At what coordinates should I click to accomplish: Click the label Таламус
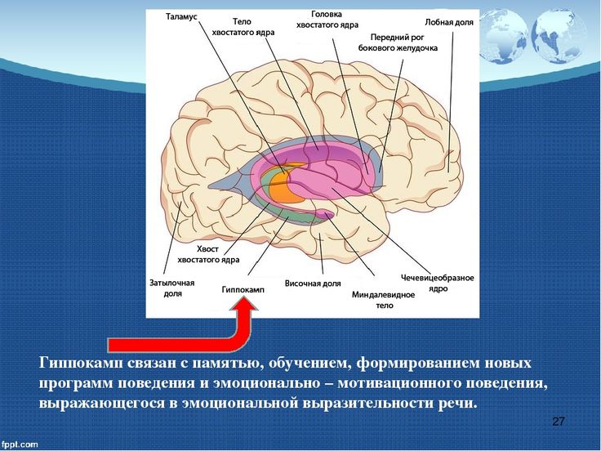pyautogui.click(x=181, y=17)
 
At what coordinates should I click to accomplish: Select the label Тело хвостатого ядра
pyautogui.click(x=243, y=27)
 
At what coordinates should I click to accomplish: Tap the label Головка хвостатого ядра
pyautogui.click(x=327, y=20)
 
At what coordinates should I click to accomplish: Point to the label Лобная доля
pyautogui.click(x=449, y=22)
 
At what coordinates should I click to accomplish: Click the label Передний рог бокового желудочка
pyautogui.click(x=398, y=42)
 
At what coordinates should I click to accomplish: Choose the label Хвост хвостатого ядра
pyautogui.click(x=208, y=254)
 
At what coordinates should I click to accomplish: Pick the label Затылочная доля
pyautogui.click(x=171, y=288)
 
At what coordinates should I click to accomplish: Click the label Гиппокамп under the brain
pyautogui.click(x=243, y=290)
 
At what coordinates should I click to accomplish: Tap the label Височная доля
pyautogui.click(x=313, y=284)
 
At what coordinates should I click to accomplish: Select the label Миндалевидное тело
pyautogui.click(x=383, y=300)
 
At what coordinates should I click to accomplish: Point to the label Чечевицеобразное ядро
pyautogui.click(x=438, y=283)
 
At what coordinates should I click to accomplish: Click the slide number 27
pyautogui.click(x=558, y=422)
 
